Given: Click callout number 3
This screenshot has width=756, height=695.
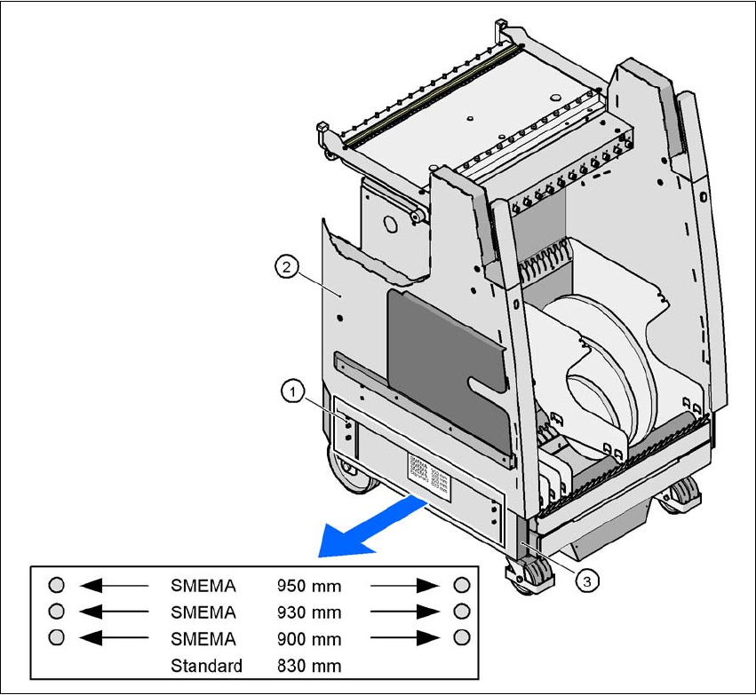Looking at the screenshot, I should point(585,580).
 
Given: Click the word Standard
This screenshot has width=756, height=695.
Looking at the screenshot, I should point(206,665).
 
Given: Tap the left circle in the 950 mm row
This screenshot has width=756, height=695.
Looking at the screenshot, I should point(56,585).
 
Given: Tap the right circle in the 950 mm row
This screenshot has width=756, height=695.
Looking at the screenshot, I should point(461,585).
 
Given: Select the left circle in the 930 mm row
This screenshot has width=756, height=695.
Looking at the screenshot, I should point(56,612).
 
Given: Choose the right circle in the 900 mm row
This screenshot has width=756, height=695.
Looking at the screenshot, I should point(461,638).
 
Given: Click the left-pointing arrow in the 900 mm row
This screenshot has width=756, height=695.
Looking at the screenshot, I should point(113,638).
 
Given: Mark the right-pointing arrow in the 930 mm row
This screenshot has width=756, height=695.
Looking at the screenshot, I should point(406,612).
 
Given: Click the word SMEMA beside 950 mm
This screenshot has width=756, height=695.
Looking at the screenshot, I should point(203,586).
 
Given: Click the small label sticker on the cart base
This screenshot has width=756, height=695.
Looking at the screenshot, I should point(429,470).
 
